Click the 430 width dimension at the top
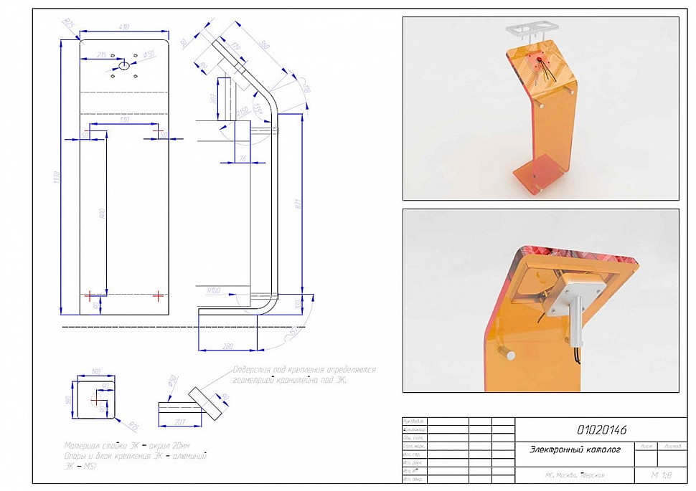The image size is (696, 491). (123, 27)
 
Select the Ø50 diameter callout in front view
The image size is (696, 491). (150, 54)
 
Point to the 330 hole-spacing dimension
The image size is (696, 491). (125, 120)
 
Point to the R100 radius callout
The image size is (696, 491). (213, 291)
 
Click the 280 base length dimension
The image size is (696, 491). (228, 346)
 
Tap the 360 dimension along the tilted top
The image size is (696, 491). (263, 46)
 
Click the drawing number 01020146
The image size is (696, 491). (602, 430)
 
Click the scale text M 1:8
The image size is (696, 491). (658, 475)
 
